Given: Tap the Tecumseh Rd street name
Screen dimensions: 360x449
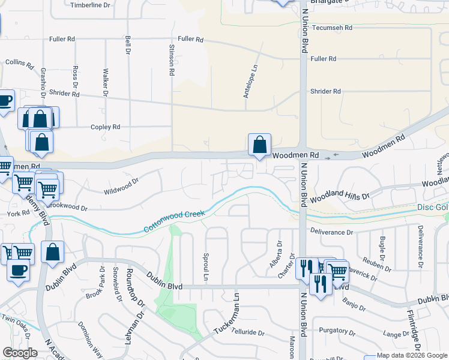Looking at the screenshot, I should click(331, 28).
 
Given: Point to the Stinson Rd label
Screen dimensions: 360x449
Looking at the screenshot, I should click(172, 60).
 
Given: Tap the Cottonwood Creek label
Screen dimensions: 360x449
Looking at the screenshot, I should click(174, 221).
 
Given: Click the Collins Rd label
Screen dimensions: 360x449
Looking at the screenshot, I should click(18, 62).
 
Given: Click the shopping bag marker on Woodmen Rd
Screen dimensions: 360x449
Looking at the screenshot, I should click(259, 145).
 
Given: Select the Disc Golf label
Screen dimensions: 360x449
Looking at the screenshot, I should click(433, 208).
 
